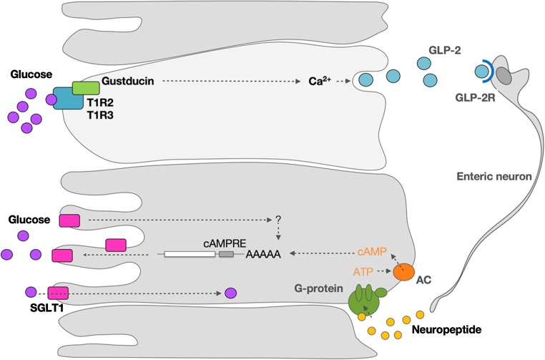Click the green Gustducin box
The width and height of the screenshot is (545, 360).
click(x=85, y=88)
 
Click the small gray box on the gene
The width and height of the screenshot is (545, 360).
click(x=226, y=253)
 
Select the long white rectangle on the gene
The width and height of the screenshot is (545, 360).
click(x=190, y=253)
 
